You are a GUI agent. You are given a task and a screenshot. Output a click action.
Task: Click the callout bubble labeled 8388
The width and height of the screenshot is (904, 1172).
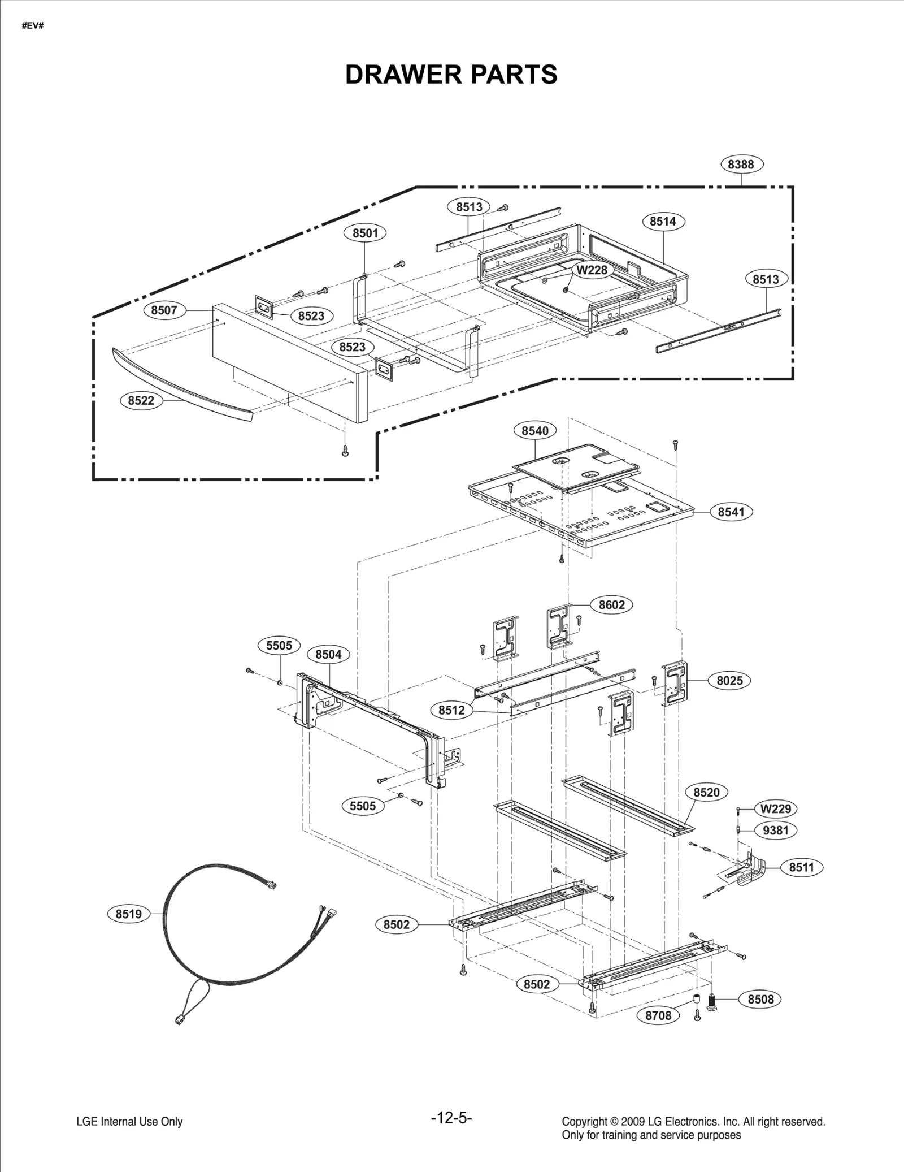point(741,165)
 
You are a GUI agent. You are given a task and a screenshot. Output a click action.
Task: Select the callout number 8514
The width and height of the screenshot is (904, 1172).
point(663,221)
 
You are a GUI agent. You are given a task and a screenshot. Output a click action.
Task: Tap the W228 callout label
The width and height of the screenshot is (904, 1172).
point(592,270)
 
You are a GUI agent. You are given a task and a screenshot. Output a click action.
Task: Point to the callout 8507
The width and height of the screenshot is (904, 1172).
point(164,310)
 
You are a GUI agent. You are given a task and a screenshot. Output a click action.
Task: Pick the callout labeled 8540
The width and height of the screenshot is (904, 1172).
point(534,431)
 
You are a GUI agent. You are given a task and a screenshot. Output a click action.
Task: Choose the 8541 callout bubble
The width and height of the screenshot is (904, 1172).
point(731,512)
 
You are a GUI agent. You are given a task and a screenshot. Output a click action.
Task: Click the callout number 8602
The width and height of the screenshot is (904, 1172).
point(612,604)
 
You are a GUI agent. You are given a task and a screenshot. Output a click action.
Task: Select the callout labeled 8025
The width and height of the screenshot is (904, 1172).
point(729,680)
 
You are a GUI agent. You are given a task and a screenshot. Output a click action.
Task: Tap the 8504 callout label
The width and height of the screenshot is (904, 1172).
point(328,654)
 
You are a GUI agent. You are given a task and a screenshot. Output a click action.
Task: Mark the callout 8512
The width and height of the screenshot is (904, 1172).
point(451,710)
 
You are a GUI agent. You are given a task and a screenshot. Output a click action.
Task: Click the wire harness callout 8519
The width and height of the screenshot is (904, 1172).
point(129,914)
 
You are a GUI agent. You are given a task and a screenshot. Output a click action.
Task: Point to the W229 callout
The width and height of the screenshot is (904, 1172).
point(775,808)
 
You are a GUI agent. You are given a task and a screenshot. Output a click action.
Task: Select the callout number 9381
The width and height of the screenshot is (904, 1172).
point(775,830)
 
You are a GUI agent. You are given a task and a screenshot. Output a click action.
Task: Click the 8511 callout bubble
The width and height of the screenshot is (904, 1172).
point(801,867)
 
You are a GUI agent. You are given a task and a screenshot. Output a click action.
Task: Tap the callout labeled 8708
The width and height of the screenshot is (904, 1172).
point(658,1015)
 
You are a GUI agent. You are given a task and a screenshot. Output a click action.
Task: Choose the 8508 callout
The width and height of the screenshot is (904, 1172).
point(760,999)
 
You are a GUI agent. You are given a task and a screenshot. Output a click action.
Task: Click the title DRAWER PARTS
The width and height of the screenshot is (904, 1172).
point(451,75)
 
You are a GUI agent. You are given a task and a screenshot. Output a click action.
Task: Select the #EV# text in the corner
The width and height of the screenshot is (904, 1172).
point(33,27)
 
